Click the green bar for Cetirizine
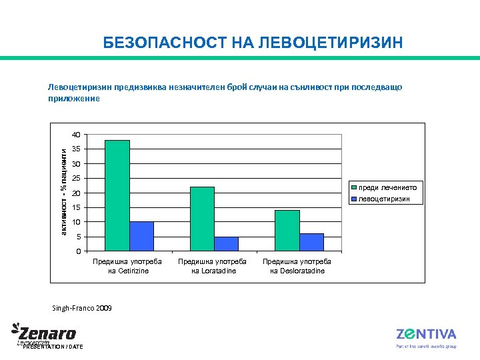click(x=117, y=195)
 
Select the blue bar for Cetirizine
click(x=141, y=236)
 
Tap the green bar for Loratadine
click(x=202, y=219)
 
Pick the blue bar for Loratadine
click(x=226, y=243)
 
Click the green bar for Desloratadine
click(x=287, y=230)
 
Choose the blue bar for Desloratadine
click(x=311, y=242)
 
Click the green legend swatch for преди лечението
click(x=353, y=188)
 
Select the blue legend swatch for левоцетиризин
click(x=353, y=199)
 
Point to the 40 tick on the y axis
click(x=77, y=135)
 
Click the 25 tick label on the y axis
click(x=77, y=178)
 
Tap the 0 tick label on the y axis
click(x=79, y=251)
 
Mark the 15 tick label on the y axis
click(x=77, y=207)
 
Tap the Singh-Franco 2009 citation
click(x=82, y=309)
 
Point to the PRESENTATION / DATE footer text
click(x=53, y=347)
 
